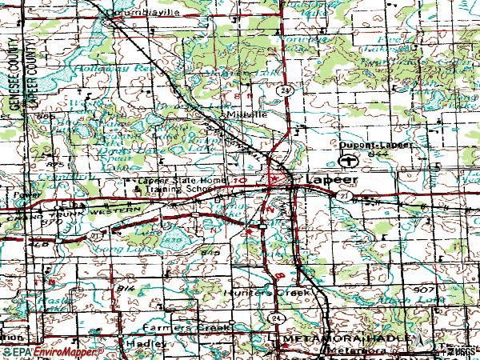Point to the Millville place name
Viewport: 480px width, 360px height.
(244, 114)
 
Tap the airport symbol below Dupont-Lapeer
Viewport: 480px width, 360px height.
(347, 162)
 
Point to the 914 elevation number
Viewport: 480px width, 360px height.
(125, 286)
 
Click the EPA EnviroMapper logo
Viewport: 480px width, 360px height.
(52, 352)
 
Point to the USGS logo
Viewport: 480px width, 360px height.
(459, 351)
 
